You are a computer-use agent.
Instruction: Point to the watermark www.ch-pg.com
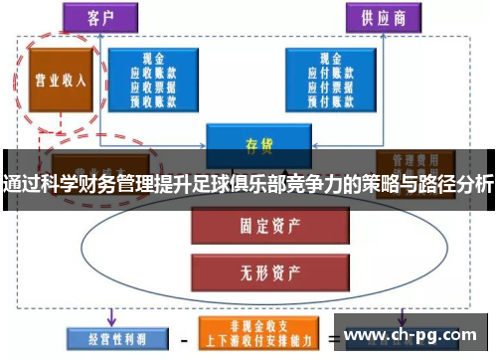(412, 334)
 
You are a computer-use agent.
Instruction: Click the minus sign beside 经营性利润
(180, 337)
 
